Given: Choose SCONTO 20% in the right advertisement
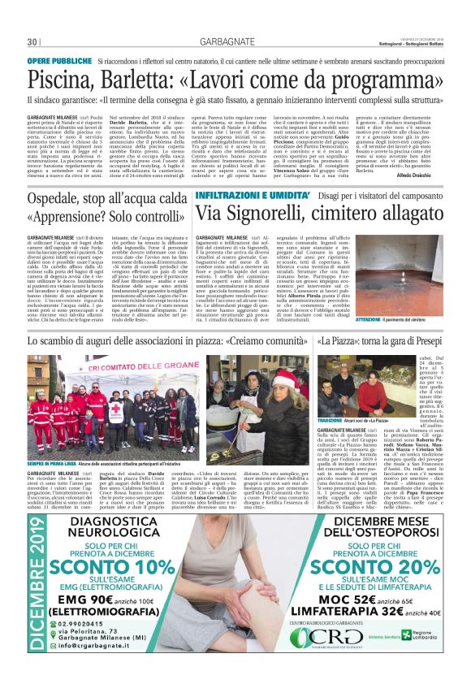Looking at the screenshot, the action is click(x=353, y=564).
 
